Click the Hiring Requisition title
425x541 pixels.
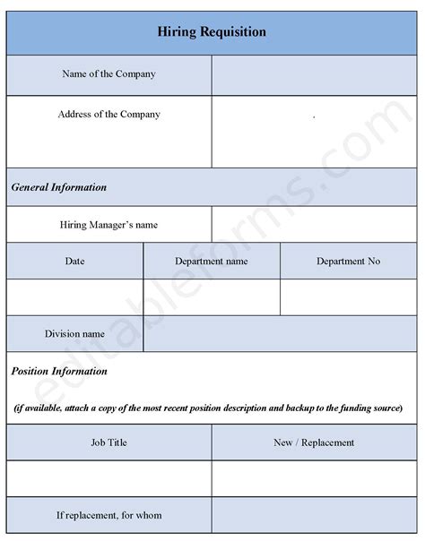[212, 32]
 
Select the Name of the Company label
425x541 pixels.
[108, 73]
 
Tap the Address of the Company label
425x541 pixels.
[108, 115]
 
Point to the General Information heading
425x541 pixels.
[59, 187]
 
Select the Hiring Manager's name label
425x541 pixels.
[108, 225]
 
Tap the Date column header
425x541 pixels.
[75, 261]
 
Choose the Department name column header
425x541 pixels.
[212, 261]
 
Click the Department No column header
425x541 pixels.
[348, 261]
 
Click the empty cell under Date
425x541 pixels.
[75, 296]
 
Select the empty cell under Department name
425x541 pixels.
[212, 296]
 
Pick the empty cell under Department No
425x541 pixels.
[348, 296]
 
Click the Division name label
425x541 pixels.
[75, 334]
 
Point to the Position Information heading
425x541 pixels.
[59, 371]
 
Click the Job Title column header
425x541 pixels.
[108, 442]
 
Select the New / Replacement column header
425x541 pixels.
[314, 442]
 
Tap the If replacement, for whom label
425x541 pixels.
[108, 516]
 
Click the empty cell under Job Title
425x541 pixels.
[108, 478]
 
